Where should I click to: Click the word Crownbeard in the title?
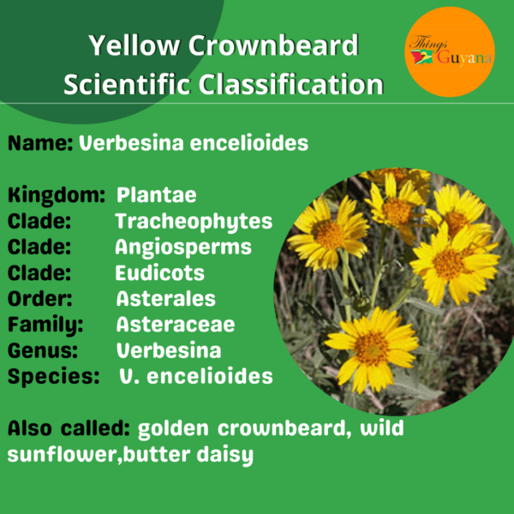(273, 45)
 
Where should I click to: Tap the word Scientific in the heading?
(127, 84)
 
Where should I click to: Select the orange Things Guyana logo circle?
(450, 51)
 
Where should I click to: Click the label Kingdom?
(57, 195)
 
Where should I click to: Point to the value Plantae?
(157, 194)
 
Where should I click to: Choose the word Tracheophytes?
(194, 222)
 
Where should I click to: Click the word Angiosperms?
(183, 248)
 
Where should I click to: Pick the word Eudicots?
(159, 272)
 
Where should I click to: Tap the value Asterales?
(166, 298)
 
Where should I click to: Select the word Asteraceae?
(176, 324)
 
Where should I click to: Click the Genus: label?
(43, 350)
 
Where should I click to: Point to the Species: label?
(53, 377)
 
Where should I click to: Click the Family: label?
(45, 326)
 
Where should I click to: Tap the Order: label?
(39, 298)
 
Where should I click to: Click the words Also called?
(69, 428)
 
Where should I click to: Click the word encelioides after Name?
(249, 143)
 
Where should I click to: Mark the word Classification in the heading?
(290, 84)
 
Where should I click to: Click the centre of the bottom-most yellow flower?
(372, 348)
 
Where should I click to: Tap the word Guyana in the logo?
(464, 57)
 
